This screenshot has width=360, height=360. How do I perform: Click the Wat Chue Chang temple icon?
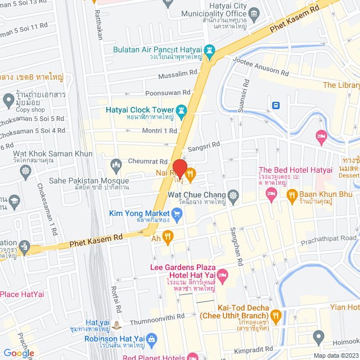point(233,196)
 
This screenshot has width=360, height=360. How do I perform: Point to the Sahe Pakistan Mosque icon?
point(116,165)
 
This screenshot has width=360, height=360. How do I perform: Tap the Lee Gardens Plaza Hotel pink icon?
point(223,275)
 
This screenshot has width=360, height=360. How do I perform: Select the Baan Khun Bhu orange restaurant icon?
point(292,195)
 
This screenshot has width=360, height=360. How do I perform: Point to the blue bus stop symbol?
point(276,105)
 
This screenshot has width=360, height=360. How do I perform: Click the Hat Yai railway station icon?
point(116,324)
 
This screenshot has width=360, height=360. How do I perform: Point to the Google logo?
point(19,353)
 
